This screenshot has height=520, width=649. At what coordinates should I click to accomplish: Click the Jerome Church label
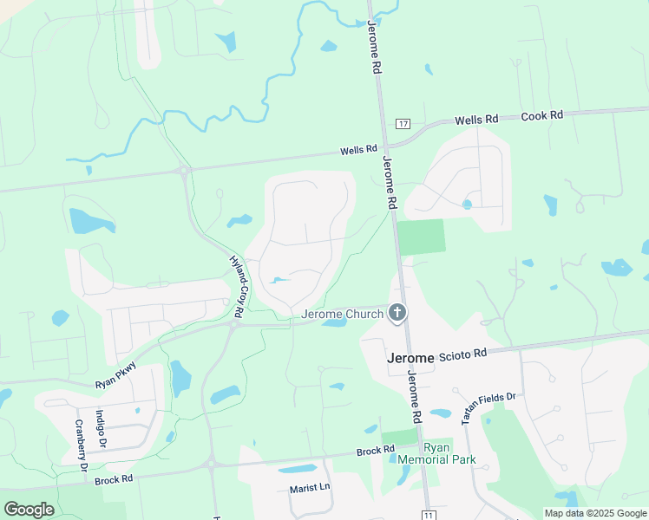click(x=342, y=314)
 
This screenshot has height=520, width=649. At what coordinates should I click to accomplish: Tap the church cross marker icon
click(x=397, y=313)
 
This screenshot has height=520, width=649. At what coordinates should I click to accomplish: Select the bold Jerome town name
click(x=410, y=358)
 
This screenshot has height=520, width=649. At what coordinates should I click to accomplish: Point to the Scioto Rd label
click(x=463, y=353)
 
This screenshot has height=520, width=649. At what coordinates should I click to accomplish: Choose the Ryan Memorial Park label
click(x=430, y=453)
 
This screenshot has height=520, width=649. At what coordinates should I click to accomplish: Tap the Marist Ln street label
click(x=310, y=488)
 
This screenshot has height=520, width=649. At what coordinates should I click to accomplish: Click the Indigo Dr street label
click(x=102, y=428)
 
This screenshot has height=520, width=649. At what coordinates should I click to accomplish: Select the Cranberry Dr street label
click(x=80, y=445)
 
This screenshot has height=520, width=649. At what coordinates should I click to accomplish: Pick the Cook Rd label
click(x=542, y=115)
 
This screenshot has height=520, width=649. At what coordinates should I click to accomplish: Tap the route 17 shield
click(x=403, y=123)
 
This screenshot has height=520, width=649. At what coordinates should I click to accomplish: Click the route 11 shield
click(x=429, y=515)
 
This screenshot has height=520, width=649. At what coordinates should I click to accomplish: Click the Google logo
click(x=29, y=510)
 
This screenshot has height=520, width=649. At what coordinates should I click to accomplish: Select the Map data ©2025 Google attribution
click(x=595, y=513)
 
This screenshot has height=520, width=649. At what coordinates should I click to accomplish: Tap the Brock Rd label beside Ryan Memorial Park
click(x=376, y=452)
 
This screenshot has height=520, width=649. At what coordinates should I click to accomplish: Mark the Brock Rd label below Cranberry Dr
click(x=114, y=478)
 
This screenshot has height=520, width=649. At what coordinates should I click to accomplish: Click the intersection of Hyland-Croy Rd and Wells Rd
click(x=184, y=171)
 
